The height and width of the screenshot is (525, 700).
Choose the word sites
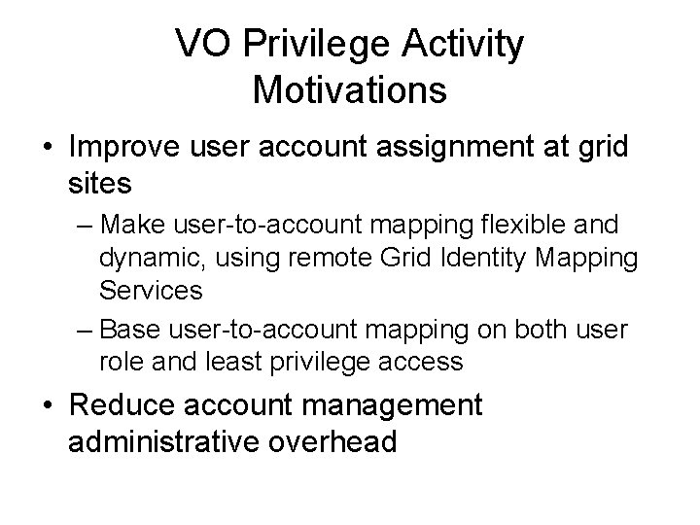[104, 182]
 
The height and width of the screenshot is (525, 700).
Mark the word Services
[150, 291]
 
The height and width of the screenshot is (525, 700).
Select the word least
[229, 362]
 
